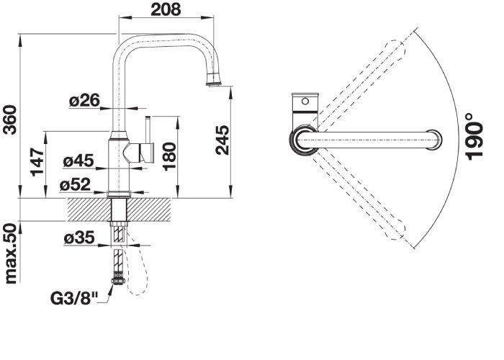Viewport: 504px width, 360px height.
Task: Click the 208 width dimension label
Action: tap(166, 9)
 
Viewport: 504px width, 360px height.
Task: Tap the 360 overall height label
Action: tap(10, 120)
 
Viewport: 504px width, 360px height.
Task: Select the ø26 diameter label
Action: tap(84, 101)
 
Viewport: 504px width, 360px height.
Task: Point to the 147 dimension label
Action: tap(37, 162)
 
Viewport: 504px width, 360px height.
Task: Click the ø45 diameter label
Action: tap(78, 161)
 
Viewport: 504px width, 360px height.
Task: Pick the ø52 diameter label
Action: tap(75, 185)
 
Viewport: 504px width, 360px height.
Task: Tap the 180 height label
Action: tap(169, 156)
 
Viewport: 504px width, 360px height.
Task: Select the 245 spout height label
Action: tap(222, 140)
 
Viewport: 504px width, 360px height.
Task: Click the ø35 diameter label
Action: tap(79, 238)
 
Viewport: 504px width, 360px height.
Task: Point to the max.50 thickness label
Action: tap(10, 254)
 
